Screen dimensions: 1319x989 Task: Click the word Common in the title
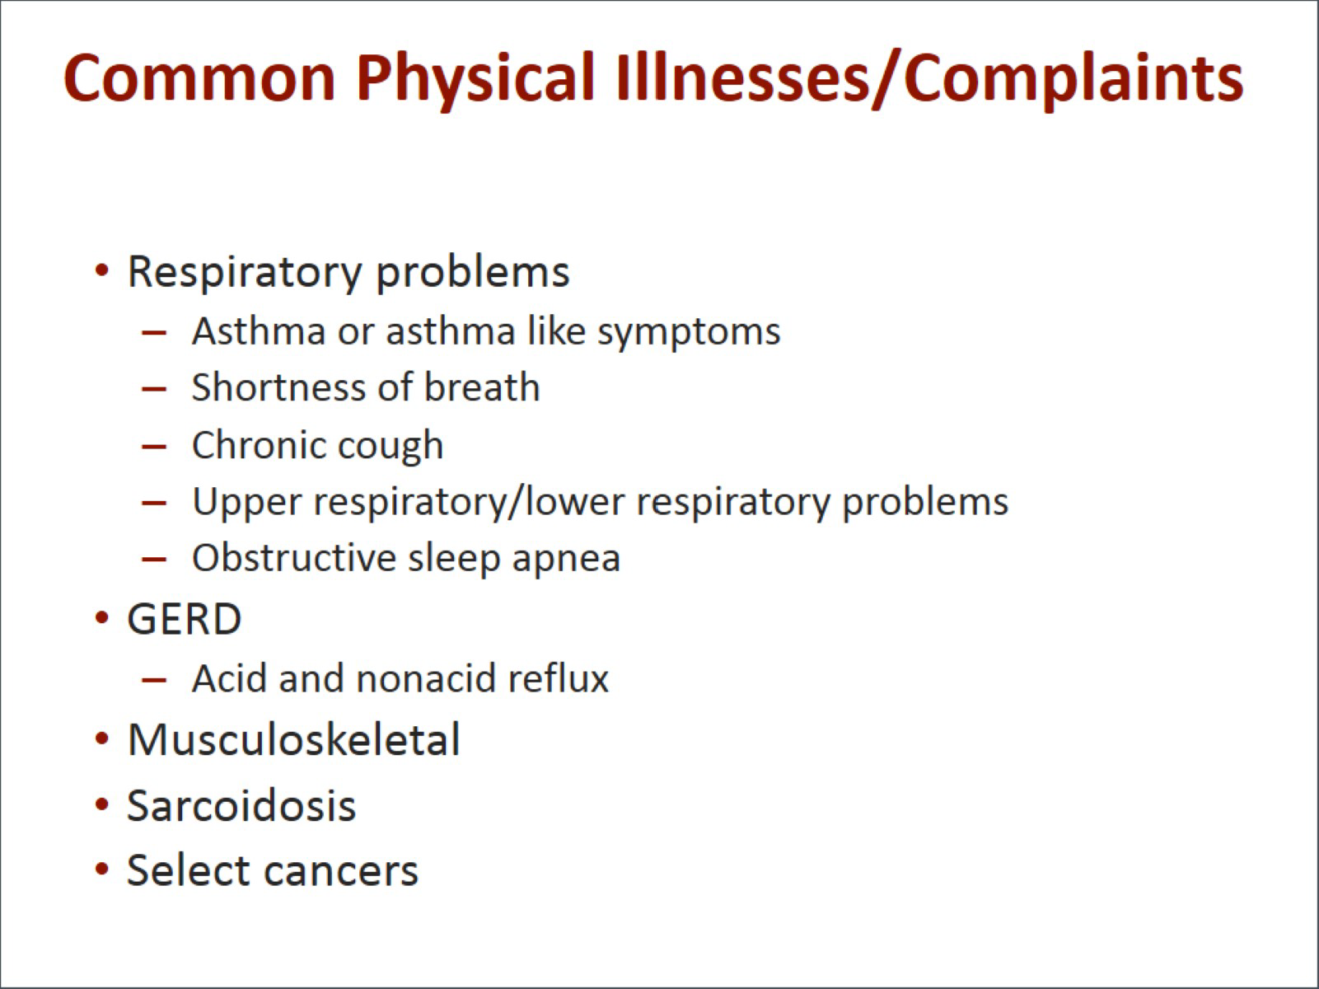pyautogui.click(x=199, y=78)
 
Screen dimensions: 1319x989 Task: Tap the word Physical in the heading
pyautogui.click(x=475, y=81)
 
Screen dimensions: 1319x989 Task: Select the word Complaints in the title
pyautogui.click(x=1073, y=81)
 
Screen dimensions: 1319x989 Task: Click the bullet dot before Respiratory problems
pyautogui.click(x=102, y=270)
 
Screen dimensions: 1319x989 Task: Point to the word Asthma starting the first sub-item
pyautogui.click(x=259, y=330)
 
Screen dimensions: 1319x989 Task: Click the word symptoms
pyautogui.click(x=690, y=334)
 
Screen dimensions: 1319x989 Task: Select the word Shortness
pyautogui.click(x=278, y=387)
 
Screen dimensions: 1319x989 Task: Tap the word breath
pyautogui.click(x=482, y=387)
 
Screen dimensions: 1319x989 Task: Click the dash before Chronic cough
pyautogui.click(x=154, y=447)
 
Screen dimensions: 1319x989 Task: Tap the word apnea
pyautogui.click(x=566, y=560)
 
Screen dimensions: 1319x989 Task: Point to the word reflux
pyautogui.click(x=559, y=677)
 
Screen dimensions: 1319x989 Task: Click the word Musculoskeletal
pyautogui.click(x=294, y=738)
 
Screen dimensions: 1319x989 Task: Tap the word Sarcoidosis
pyautogui.click(x=241, y=805)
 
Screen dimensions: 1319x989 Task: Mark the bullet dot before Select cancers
pyautogui.click(x=102, y=869)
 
